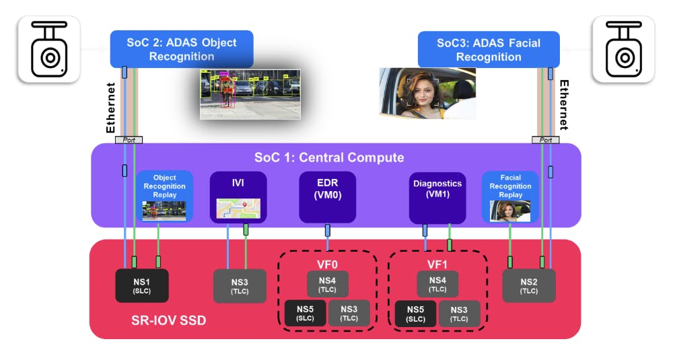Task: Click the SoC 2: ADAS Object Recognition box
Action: tap(182, 48)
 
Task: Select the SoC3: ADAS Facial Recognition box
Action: tap(489, 49)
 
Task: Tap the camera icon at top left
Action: tap(48, 50)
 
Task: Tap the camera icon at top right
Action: tap(623, 50)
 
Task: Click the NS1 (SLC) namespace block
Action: tap(141, 285)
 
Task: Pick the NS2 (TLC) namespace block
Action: tap(529, 285)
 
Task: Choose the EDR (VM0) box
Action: tap(328, 196)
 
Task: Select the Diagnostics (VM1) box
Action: tap(437, 196)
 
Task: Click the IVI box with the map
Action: tap(238, 196)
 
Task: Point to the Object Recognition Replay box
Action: tap(165, 196)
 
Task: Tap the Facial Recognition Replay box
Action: tap(510, 196)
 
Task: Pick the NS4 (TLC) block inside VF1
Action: tap(437, 284)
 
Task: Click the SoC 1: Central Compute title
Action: tap(329, 157)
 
